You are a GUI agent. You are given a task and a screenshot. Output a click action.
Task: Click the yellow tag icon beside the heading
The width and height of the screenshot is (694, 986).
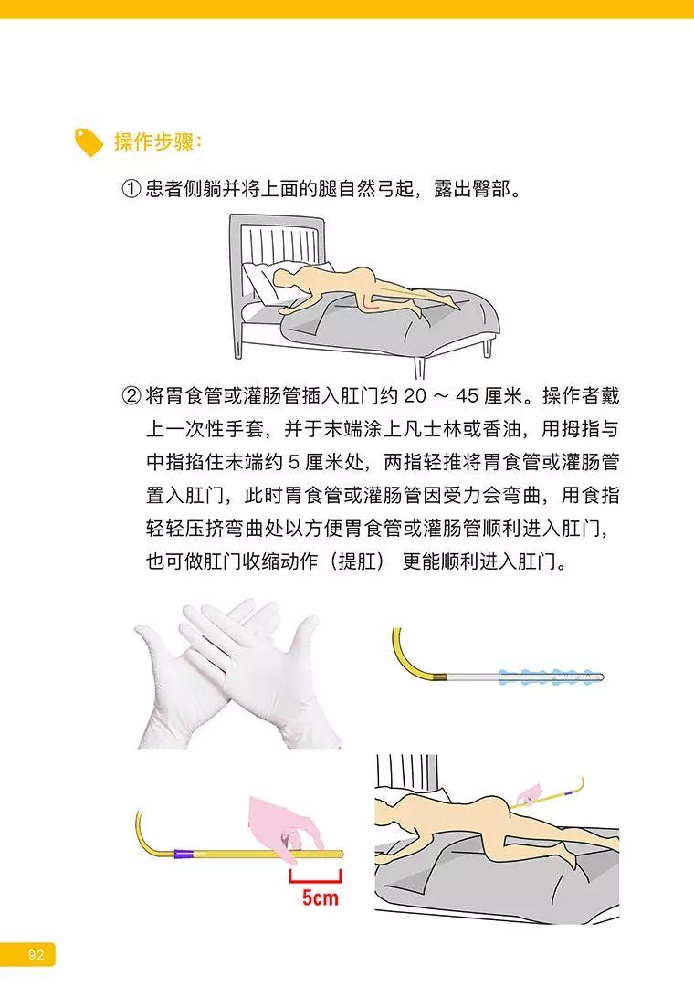[89, 142]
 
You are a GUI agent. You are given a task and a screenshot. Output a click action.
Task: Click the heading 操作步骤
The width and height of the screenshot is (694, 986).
[157, 142]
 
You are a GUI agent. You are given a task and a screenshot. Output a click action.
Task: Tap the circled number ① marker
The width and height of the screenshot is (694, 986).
[131, 189]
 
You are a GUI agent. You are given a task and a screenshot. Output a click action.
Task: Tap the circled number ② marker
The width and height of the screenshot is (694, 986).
[131, 396]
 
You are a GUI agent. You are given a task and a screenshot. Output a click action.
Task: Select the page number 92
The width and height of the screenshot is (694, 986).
[36, 955]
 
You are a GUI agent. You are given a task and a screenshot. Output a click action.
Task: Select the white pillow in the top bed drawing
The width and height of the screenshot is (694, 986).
[264, 281]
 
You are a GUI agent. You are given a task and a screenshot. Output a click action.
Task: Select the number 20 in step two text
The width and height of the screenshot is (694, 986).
[415, 396]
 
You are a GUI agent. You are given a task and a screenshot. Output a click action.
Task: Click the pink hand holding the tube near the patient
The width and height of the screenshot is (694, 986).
[527, 795]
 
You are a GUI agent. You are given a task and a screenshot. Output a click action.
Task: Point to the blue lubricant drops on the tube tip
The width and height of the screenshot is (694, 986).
[546, 677]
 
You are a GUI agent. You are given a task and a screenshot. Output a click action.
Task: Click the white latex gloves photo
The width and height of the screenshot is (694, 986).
[237, 674]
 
